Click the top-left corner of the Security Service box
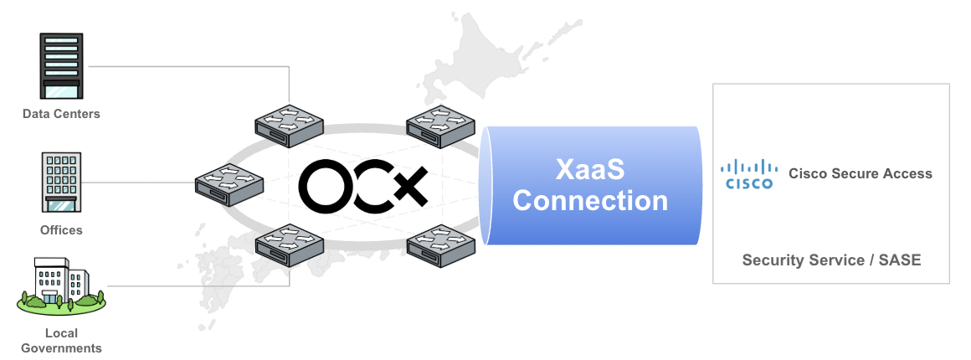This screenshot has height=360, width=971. [713, 84]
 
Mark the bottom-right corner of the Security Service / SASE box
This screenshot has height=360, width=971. [949, 284]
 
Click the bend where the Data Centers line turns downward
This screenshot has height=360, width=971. [290, 65]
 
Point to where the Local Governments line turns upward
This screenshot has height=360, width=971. [290, 285]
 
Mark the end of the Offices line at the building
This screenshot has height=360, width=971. [82, 183]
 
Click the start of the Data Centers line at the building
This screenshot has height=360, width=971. [89, 65]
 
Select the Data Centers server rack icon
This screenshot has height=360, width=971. [61, 65]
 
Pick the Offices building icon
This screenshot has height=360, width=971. [61, 183]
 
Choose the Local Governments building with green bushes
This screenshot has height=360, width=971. [61, 285]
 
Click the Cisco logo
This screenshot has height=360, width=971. [748, 173]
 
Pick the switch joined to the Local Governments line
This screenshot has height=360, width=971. [289, 245]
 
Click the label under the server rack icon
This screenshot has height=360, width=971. [61, 114]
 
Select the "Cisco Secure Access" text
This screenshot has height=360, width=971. [861, 174]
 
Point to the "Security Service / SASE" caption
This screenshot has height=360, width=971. [832, 260]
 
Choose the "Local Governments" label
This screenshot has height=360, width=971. [61, 341]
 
